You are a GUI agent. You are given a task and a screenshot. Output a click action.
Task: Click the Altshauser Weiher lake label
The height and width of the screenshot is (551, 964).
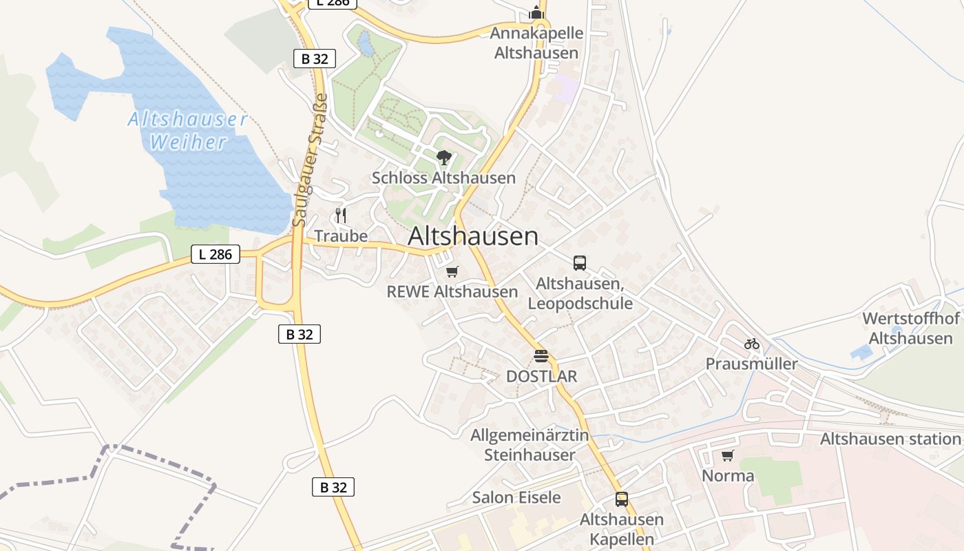pos(187,131)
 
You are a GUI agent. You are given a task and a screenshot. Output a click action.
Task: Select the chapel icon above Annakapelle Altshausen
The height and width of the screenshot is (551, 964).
pos(536,13)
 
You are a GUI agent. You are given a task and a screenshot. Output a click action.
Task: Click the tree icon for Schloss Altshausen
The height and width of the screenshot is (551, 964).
pos(444,158)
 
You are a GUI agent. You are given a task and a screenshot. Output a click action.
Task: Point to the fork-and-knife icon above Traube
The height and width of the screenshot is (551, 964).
pos(340,216)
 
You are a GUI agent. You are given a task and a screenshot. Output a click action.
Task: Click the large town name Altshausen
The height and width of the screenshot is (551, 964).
pos(473,236)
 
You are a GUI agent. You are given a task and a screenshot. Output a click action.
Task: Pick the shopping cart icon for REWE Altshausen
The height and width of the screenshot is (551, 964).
pos(452,272)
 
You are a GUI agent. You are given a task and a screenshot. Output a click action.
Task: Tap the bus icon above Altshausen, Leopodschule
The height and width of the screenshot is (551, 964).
pos(580,262)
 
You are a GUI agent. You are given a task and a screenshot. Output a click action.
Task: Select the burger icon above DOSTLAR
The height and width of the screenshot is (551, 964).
pos(541,356)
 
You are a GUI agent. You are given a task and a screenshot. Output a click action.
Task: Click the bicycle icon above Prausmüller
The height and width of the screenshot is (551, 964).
pos(751,343)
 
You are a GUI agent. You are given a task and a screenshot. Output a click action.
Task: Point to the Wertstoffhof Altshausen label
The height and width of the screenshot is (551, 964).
pos(911,329)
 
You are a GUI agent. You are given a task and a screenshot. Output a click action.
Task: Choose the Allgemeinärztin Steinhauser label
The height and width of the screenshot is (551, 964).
pos(530,445)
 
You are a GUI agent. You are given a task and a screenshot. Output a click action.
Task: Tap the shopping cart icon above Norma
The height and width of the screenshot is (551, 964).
pos(728,455)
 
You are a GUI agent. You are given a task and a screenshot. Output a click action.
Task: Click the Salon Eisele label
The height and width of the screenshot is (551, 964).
pos(516,497)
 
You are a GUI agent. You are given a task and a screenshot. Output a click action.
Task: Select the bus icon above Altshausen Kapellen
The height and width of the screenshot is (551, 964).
pos(622,499)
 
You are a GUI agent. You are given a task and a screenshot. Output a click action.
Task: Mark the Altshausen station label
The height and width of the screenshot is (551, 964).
pos(890,439)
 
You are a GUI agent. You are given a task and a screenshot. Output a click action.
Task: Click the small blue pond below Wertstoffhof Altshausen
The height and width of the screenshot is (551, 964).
pos(861,353)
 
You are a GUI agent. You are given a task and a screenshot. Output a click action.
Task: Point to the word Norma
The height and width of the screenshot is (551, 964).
pos(728,476)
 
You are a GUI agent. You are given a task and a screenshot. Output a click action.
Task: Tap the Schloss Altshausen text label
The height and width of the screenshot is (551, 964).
pos(443,178)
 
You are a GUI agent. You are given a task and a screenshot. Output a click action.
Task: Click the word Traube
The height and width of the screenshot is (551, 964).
pos(341,236)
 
